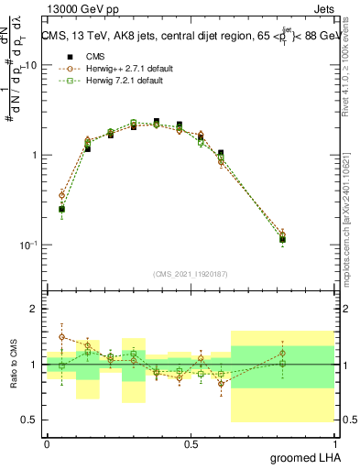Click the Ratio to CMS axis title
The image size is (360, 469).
(x=14, y=365)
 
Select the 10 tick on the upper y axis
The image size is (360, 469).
(x=31, y=66)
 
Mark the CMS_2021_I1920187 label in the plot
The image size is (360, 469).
(x=191, y=274)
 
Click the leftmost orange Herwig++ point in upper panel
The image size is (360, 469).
(x=61, y=195)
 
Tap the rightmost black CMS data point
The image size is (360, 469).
(x=282, y=240)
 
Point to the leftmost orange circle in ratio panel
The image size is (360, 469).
(x=61, y=336)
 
